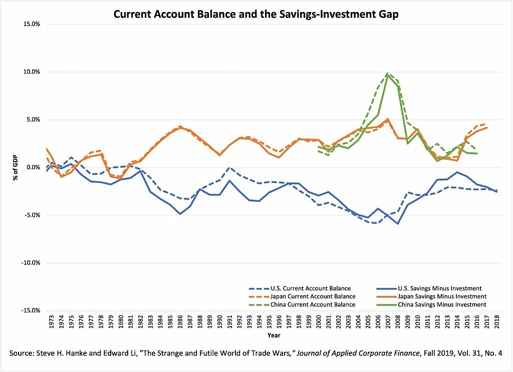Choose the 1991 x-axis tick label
[230, 322]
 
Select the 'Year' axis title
[274, 335]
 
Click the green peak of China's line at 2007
[387, 75]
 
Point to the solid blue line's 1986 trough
[180, 214]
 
